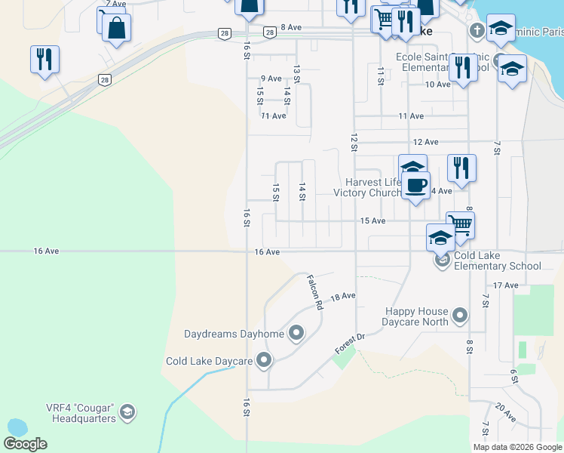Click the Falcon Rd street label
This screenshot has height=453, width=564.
pyautogui.click(x=314, y=292)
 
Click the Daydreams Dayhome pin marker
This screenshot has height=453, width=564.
pyautogui.click(x=296, y=333)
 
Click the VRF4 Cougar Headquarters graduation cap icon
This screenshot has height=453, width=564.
pyautogui.click(x=127, y=412)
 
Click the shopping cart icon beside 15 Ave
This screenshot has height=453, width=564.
pyautogui.click(x=460, y=223)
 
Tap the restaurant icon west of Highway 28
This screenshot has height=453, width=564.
pyautogui.click(x=44, y=59)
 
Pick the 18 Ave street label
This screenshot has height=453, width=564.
pyautogui.click(x=342, y=296)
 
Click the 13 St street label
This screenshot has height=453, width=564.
pyautogui.click(x=297, y=74)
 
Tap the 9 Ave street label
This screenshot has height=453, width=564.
pyautogui.click(x=271, y=79)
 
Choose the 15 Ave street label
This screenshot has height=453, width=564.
pyautogui.click(x=372, y=220)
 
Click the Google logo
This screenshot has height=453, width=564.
pyautogui.click(x=26, y=444)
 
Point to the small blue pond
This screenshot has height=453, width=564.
pyautogui.click(x=15, y=428)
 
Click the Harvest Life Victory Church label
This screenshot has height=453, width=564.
pyautogui.click(x=373, y=187)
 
